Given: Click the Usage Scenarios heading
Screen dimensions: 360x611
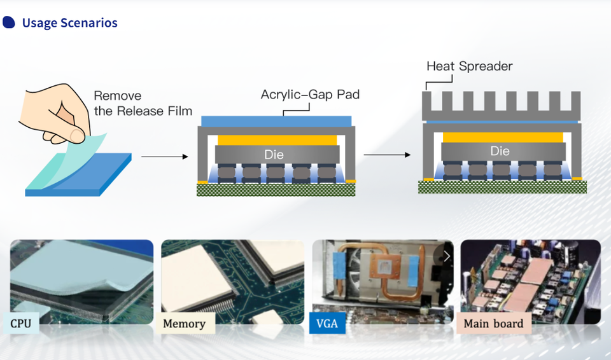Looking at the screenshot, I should tap(69, 24).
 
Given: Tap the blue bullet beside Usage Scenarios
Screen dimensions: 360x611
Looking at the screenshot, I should tap(9, 23).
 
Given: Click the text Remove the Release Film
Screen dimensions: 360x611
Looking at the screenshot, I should tap(143, 104).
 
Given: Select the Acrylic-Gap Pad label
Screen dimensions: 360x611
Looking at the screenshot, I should tap(310, 95).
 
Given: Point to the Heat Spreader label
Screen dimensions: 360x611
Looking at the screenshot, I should tap(469, 66).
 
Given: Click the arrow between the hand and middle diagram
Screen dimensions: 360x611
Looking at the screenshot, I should tap(164, 156).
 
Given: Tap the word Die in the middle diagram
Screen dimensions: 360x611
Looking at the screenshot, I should tap(274, 155).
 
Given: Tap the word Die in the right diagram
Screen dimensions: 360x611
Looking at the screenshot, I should tap(500, 151).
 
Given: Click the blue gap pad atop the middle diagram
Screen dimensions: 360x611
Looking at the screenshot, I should tap(276, 121).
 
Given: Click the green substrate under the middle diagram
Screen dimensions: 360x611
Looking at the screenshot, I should tap(276, 190).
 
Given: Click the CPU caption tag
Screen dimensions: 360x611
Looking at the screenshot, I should tap(20, 324).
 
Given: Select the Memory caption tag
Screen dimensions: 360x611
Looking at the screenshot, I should tap(184, 324).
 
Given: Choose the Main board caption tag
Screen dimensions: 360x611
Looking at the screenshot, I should tap(493, 324).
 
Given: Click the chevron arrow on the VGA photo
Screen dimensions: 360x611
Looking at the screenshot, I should tap(447, 256).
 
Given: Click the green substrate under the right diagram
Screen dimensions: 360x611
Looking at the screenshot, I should tap(502, 186).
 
